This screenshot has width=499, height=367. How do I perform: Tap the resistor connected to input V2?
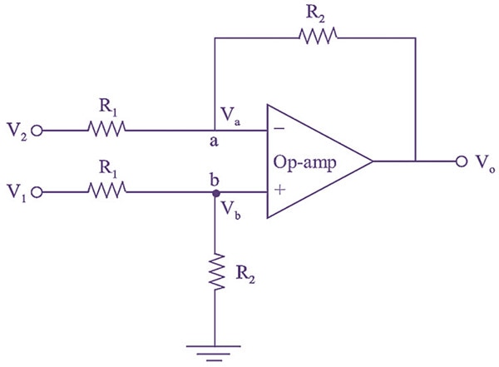point(106,129)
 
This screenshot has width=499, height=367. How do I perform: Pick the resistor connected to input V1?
point(106,192)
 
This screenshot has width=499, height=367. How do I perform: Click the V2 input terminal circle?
point(37,130)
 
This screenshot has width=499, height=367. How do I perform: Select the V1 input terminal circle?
point(37,193)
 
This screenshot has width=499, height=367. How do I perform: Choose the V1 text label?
point(16,195)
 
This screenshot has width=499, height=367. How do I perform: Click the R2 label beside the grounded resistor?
point(244,271)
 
